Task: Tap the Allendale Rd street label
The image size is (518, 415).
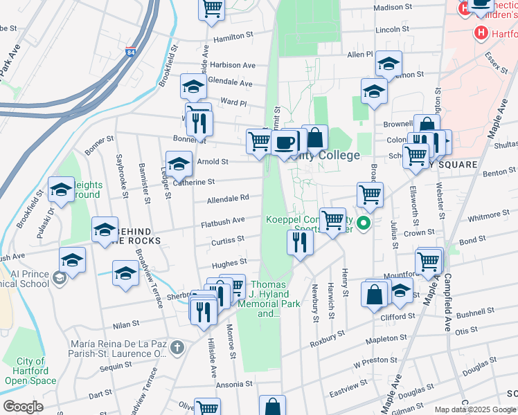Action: click(227, 199)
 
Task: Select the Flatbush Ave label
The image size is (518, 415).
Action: click(223, 221)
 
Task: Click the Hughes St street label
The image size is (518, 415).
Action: click(229, 263)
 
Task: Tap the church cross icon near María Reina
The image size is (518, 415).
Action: click(177, 347)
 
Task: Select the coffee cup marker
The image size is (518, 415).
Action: click(284, 143)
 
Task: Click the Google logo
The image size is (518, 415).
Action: click(24, 407)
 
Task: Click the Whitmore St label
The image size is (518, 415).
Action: click(489, 217)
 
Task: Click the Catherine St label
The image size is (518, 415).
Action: click(195, 182)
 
